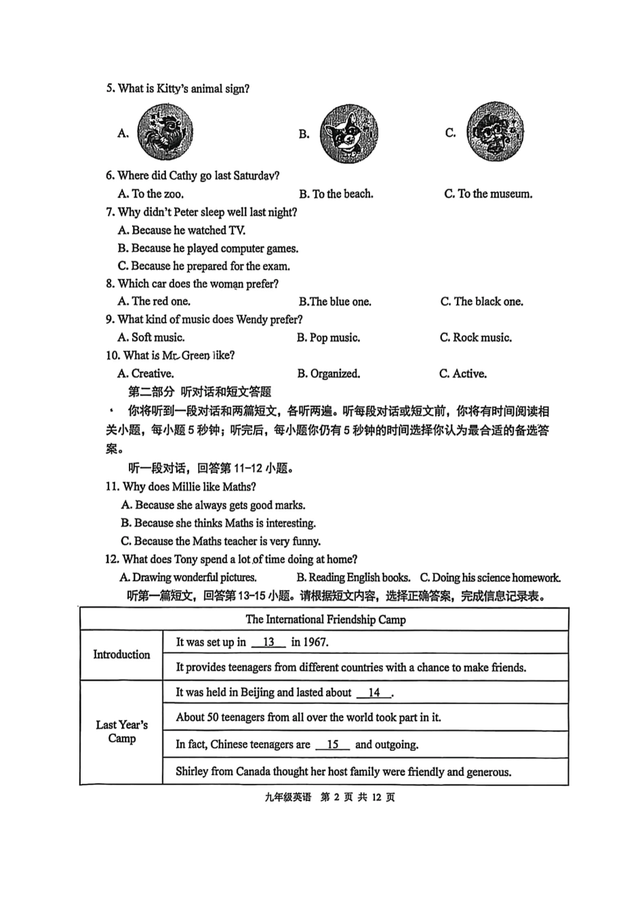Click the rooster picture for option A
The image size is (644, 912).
pyautogui.click(x=165, y=132)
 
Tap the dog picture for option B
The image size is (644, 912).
pyautogui.click(x=348, y=134)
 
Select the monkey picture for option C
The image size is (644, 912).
pyautogui.click(x=496, y=132)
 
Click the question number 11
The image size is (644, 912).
pyautogui.click(x=113, y=487)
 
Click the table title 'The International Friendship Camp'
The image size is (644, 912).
pyautogui.click(x=325, y=619)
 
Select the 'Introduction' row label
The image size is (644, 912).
pyautogui.click(x=121, y=654)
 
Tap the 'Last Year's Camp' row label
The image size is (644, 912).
pyautogui.click(x=121, y=732)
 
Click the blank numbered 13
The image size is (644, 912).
pyautogui.click(x=268, y=642)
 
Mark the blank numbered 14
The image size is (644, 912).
pyautogui.click(x=374, y=692)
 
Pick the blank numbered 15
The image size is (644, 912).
pyautogui.click(x=332, y=745)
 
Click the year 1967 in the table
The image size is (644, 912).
pyautogui.click(x=316, y=642)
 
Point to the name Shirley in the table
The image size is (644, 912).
pyautogui.click(x=192, y=772)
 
